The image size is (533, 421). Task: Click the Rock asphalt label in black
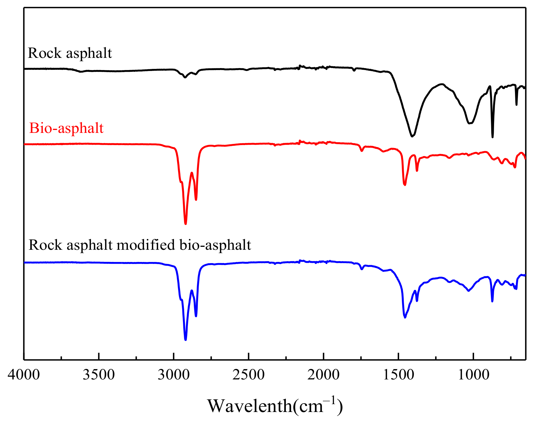coord(70,53)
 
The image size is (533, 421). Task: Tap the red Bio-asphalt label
coord(66,128)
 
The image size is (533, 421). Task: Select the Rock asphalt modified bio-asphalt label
coord(140,245)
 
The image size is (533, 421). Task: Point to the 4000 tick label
coord(24,375)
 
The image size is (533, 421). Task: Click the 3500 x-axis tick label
coord(99,375)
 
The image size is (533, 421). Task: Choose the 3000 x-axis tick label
coord(174,375)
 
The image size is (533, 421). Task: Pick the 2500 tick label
coord(249,375)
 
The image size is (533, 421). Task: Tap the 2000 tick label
coord(324,375)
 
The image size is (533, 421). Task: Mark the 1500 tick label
coord(399,375)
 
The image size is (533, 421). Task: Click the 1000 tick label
coord(473,375)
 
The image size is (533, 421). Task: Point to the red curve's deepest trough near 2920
coord(186,224)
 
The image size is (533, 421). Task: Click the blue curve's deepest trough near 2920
coord(186,340)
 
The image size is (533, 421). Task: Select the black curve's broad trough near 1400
coord(412,136)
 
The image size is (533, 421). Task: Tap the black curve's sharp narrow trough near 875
coord(492,137)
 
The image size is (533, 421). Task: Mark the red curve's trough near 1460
coord(405,185)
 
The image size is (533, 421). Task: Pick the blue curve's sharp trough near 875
coord(492,301)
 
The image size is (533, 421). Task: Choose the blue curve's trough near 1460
coord(405,317)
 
